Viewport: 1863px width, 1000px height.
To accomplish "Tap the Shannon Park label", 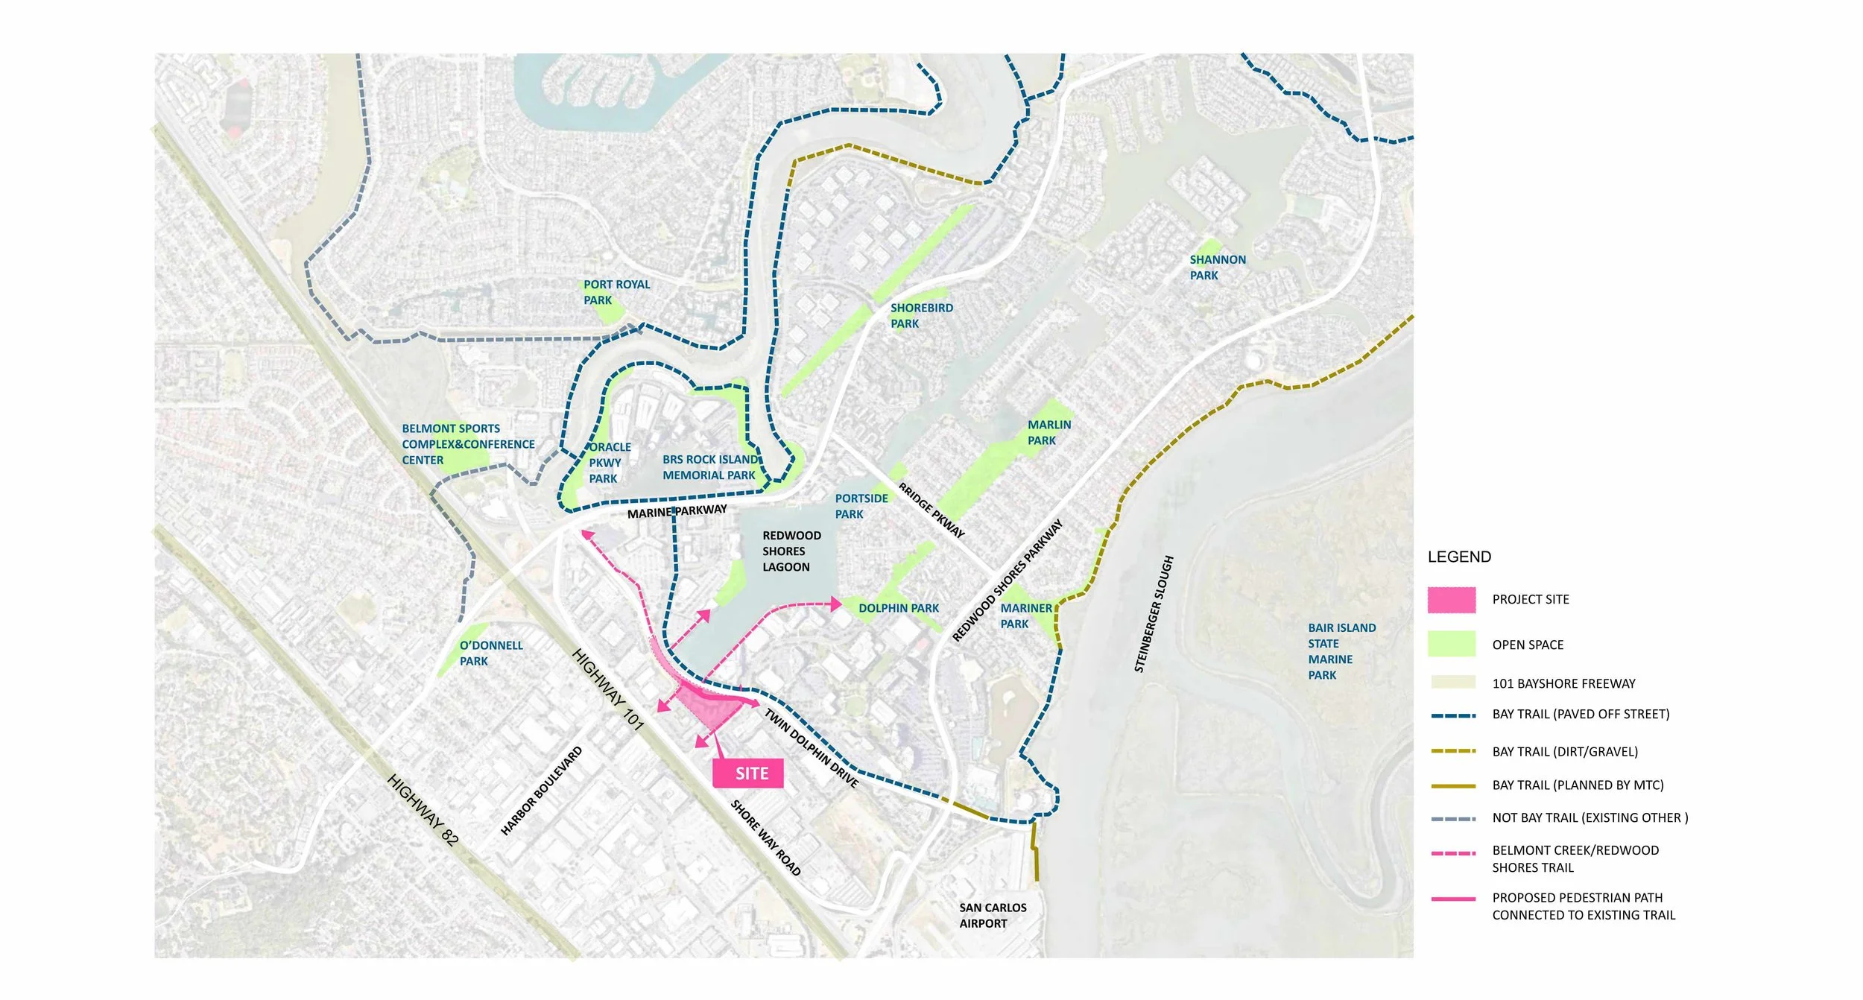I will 1216,268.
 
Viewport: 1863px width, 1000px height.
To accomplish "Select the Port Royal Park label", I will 616,292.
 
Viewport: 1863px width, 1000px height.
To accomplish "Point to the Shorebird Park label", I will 920,315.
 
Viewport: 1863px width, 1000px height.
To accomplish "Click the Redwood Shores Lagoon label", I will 791,551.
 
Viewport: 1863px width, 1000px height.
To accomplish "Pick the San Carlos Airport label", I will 992,915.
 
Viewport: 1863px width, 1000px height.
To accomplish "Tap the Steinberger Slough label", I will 1153,614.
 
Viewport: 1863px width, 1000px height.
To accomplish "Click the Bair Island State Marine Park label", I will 1341,651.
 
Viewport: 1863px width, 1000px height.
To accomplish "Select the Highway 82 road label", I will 423,809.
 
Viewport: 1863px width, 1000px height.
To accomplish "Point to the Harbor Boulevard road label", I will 541,791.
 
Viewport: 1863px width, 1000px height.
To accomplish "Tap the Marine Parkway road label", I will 677,512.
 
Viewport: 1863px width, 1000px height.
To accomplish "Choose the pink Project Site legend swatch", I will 1451,600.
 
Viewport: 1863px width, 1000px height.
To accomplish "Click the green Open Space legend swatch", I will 1451,644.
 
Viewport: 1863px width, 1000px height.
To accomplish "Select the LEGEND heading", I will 1458,557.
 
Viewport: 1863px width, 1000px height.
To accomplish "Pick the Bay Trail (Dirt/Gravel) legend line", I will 1452,751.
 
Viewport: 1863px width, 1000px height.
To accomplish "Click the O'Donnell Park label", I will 490,653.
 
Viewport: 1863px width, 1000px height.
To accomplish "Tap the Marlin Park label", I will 1048,432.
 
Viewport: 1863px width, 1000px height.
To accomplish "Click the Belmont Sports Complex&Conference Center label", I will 467,444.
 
